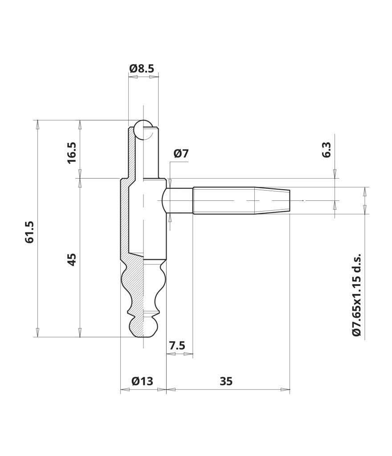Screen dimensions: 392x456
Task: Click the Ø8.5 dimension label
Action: (142, 69)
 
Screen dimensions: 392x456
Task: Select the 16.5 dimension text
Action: (71, 153)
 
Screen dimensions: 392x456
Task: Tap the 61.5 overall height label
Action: (29, 232)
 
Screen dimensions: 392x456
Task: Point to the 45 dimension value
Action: (72, 260)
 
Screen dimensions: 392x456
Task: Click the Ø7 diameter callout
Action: (181, 153)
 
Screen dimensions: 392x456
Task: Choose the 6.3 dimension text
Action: (326, 150)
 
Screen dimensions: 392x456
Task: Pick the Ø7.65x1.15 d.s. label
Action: (356, 295)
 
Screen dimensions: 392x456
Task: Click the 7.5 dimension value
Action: (177, 346)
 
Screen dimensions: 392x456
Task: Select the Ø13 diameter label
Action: (142, 381)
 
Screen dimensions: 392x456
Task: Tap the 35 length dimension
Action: (226, 381)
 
